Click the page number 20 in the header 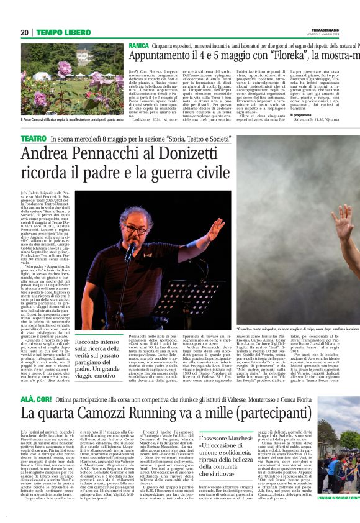tap(25, 32)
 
